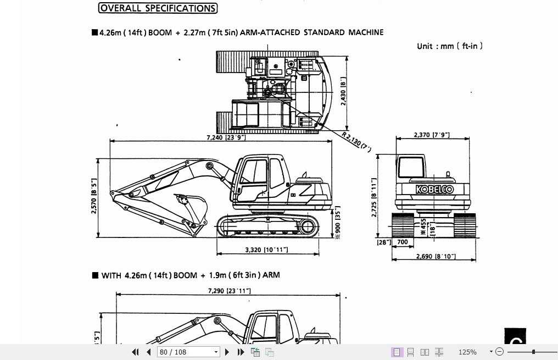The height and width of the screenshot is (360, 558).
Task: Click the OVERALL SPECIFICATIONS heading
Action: point(158,8)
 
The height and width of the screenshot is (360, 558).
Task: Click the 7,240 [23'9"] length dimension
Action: point(226,137)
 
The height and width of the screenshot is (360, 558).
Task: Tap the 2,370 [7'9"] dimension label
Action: point(432,135)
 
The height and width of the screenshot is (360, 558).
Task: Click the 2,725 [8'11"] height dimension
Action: point(374,197)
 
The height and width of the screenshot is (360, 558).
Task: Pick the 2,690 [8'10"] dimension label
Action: point(436,256)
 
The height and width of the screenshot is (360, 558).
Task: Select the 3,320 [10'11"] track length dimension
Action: point(266,250)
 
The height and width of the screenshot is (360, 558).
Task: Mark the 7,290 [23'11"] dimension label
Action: point(229,290)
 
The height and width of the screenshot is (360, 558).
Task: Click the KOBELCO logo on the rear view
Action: point(434,190)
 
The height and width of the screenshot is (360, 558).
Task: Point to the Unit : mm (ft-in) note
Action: point(450,46)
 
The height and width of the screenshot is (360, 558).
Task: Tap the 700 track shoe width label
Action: point(402,242)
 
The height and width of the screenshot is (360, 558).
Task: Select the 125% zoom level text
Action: point(467,352)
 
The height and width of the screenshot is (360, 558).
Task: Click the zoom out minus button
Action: point(499,352)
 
